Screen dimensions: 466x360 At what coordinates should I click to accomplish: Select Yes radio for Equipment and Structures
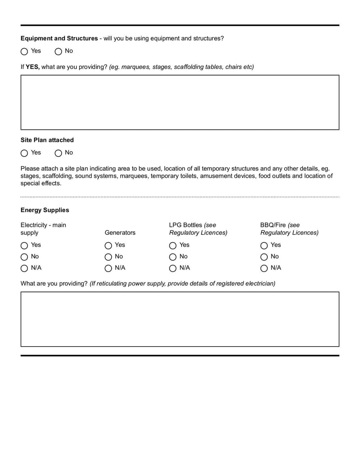pos(24,52)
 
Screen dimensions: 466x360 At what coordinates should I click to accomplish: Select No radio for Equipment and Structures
pos(58,52)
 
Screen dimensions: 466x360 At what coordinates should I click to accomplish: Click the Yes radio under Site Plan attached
pos(24,154)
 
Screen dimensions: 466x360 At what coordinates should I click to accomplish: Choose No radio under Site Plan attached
pos(58,154)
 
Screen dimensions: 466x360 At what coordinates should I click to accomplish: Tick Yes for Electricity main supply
pos(24,246)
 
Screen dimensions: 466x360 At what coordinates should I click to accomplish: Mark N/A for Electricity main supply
pos(24,269)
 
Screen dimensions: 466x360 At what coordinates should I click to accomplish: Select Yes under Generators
pos(108,246)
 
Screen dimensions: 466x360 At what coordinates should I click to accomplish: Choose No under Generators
pos(108,257)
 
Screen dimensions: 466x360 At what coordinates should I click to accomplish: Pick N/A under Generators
pos(108,269)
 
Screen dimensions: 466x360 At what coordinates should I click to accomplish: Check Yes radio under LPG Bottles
pos(173,246)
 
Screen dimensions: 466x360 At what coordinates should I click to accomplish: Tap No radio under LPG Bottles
pos(173,257)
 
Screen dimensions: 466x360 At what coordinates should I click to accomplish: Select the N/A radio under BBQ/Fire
pos(264,269)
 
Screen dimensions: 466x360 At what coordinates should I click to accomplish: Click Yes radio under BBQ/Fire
pos(264,246)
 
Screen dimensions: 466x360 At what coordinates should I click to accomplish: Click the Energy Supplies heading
pos(45,210)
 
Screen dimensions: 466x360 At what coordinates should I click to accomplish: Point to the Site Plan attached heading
pos(47,140)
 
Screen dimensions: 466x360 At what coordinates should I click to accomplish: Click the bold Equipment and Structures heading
pos(59,39)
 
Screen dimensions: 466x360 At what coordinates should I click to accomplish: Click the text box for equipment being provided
pos(180,103)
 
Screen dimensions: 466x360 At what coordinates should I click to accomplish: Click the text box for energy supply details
pos(180,319)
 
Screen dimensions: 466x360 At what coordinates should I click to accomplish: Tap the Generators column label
pos(120,233)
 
